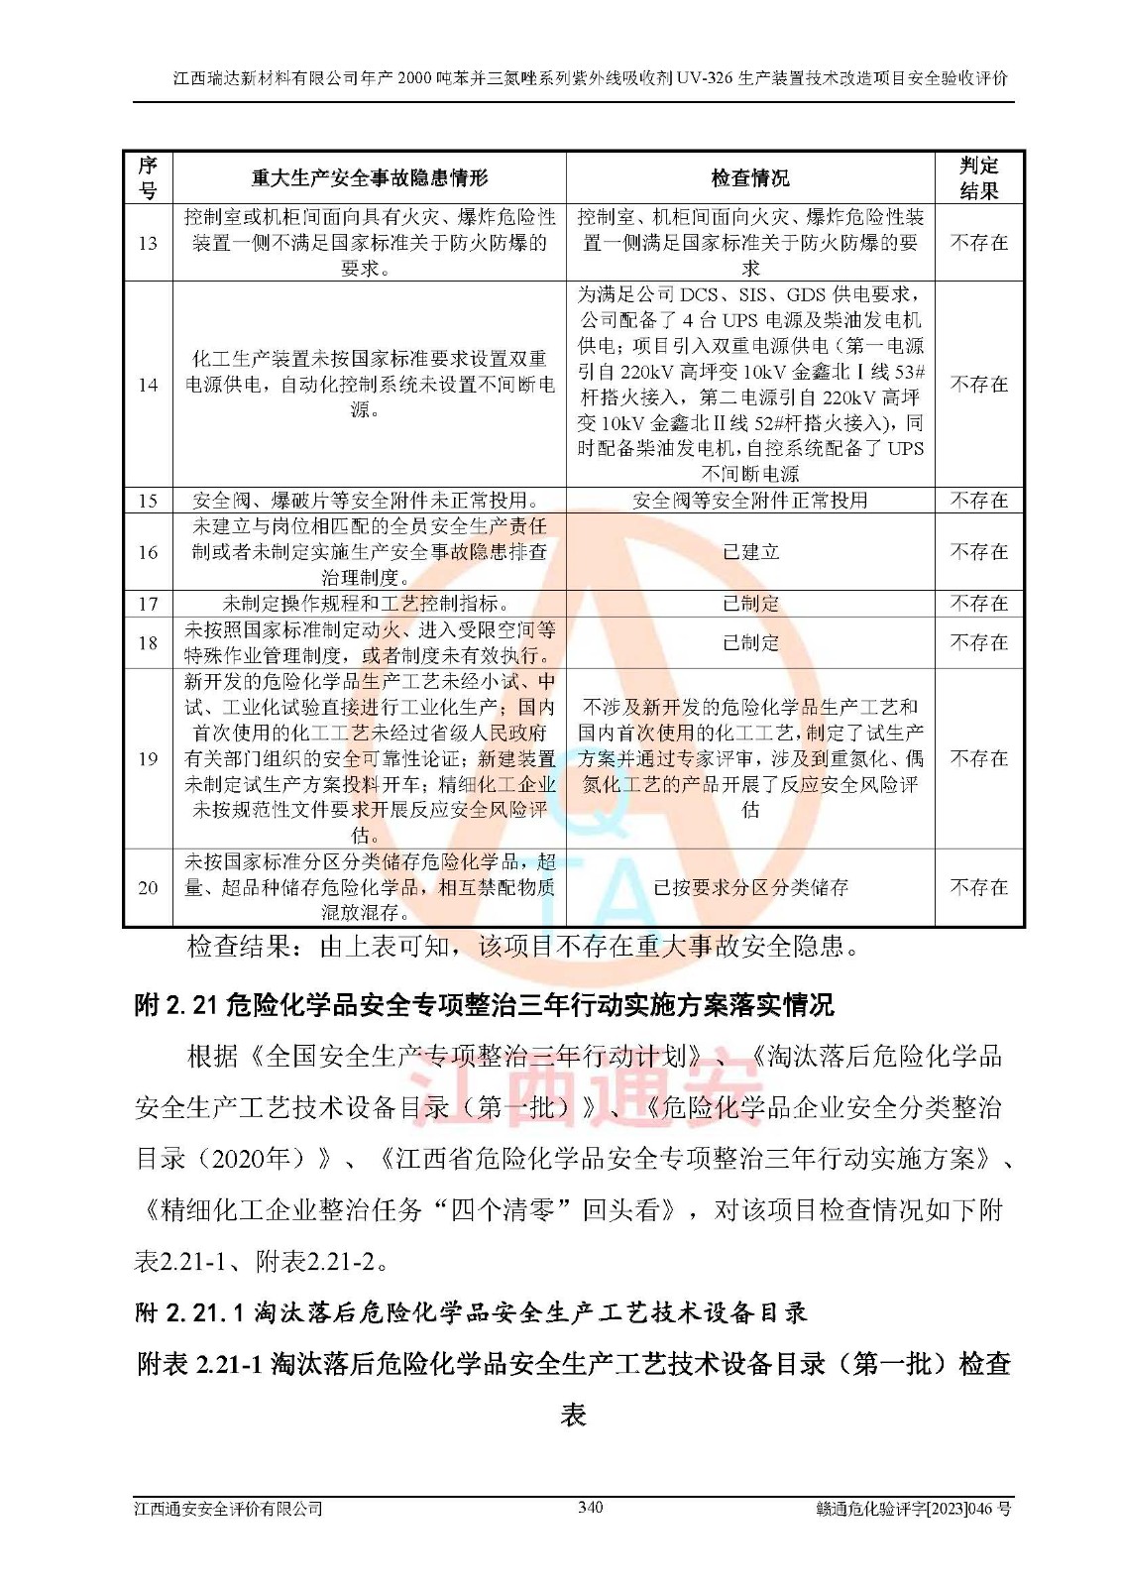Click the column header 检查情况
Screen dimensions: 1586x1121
[x=750, y=178]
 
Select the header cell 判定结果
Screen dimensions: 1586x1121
[x=978, y=178]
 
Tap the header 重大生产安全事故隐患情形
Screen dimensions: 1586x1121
[x=369, y=178]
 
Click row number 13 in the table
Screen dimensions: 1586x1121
[x=148, y=243]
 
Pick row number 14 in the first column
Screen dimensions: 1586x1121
[x=148, y=385]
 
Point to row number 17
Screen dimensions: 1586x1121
[x=148, y=604]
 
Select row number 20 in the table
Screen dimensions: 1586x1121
[x=148, y=888]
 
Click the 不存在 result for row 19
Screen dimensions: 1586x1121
[x=978, y=758]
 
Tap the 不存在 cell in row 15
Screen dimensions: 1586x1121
[x=978, y=501]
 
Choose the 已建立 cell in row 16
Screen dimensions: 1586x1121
[x=750, y=552]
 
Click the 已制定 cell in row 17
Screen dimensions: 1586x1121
[x=750, y=604]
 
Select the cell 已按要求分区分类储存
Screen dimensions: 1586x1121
[x=750, y=888]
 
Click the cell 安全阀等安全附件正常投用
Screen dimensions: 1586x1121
[x=750, y=501]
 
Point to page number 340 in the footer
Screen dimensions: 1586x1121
[x=590, y=1508]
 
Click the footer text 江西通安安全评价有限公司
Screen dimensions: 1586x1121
[x=229, y=1509]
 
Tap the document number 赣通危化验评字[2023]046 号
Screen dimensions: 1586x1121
[x=913, y=1509]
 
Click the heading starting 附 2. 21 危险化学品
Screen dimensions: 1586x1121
[x=484, y=1005]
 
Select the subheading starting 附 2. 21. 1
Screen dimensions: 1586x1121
[x=471, y=1313]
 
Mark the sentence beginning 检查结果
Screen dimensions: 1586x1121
[x=522, y=947]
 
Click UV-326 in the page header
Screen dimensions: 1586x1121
[x=707, y=78]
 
